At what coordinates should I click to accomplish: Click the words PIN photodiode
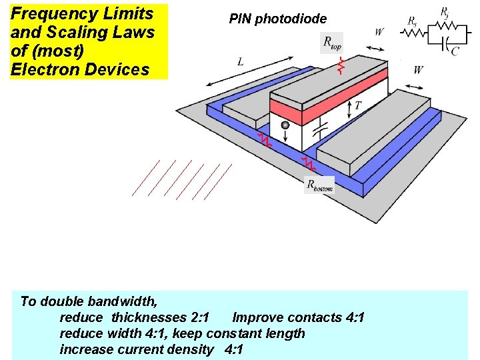pyautogui.click(x=278, y=19)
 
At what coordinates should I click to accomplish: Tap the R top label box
pyautogui.click(x=332, y=43)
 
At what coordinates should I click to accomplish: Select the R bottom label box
pyautogui.click(x=319, y=185)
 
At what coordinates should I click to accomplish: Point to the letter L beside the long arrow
pyautogui.click(x=240, y=61)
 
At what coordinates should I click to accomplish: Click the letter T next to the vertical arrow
pyautogui.click(x=358, y=105)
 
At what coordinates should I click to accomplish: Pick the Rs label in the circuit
pyautogui.click(x=413, y=21)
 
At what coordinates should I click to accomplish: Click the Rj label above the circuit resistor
pyautogui.click(x=445, y=11)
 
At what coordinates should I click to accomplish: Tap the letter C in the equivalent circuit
pyautogui.click(x=455, y=51)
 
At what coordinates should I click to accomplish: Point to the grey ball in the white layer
pyautogui.click(x=285, y=125)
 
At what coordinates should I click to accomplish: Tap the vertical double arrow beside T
pyautogui.click(x=351, y=106)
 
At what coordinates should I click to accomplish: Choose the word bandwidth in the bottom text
pyautogui.click(x=119, y=301)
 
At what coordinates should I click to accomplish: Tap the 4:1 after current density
pyautogui.click(x=234, y=349)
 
